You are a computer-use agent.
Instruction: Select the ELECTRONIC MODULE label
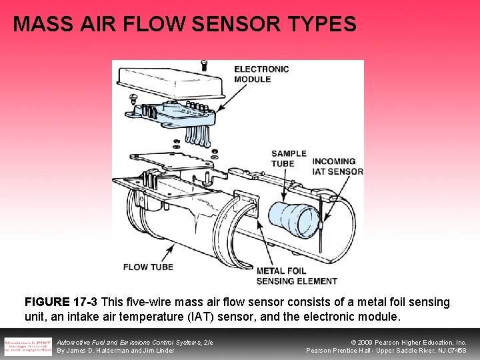point(261,73)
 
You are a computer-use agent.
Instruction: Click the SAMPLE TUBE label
point(289,158)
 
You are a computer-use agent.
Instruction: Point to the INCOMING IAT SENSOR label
point(338,166)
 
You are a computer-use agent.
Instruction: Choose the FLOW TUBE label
point(148,267)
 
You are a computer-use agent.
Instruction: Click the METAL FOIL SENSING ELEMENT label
point(297,276)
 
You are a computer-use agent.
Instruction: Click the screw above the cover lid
point(204,65)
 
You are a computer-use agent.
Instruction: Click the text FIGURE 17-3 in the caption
point(61,303)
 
